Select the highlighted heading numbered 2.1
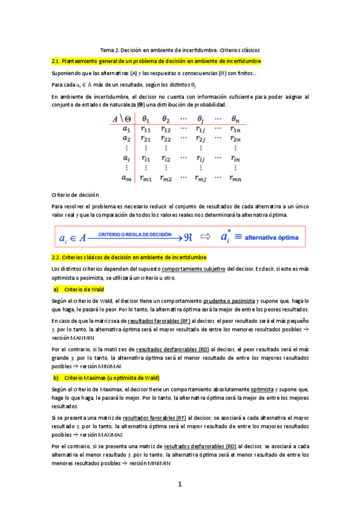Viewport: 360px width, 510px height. pyautogui.click(x=156, y=61)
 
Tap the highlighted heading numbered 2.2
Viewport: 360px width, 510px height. pyautogui.click(x=129, y=257)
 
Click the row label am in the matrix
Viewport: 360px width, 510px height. pyautogui.click(x=126, y=177)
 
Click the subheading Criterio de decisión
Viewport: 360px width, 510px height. pyautogui.click(x=75, y=195)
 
